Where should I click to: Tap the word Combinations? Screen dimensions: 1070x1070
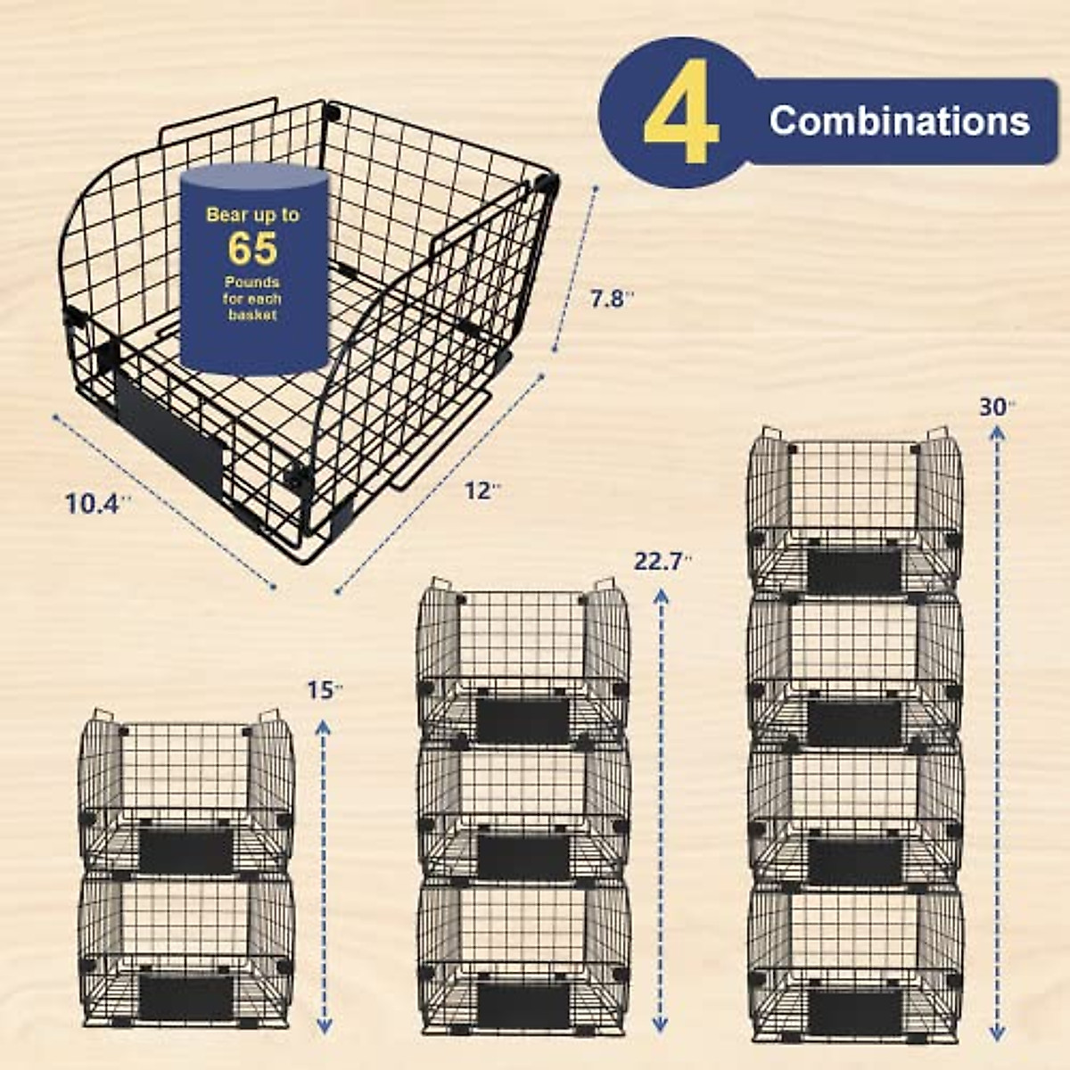tap(899, 120)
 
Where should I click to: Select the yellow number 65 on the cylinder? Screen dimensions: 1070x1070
tap(252, 249)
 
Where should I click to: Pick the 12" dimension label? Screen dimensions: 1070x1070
tap(482, 490)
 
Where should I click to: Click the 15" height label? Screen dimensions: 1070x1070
tap(325, 689)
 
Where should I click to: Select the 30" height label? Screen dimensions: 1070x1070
tap(997, 407)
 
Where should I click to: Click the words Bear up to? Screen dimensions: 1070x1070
tap(252, 215)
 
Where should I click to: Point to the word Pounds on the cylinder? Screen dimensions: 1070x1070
tap(252, 283)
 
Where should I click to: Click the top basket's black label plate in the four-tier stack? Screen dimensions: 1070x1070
tap(854, 572)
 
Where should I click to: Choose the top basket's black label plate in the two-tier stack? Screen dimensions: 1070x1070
tap(185, 851)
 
